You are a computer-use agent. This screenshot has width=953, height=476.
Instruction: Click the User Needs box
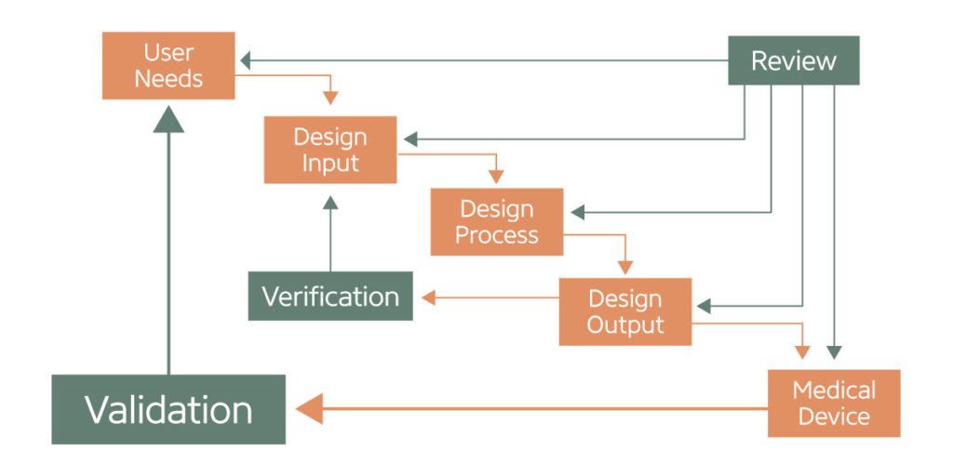click(x=168, y=66)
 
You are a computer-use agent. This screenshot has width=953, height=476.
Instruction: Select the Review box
click(x=793, y=61)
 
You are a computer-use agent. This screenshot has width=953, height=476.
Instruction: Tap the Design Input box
click(x=330, y=150)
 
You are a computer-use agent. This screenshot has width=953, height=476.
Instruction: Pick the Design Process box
click(x=496, y=221)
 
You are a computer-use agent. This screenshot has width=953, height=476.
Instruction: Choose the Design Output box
click(x=624, y=311)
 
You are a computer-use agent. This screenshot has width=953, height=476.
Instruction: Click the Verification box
click(x=330, y=297)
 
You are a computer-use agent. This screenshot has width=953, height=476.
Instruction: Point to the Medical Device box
click(x=834, y=403)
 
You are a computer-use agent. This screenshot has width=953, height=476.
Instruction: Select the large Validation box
click(x=168, y=409)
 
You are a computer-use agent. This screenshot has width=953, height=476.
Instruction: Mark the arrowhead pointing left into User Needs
click(x=246, y=61)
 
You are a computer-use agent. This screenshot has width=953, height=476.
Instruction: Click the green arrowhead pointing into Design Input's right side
click(x=408, y=139)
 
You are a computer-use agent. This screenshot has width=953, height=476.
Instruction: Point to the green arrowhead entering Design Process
click(x=576, y=212)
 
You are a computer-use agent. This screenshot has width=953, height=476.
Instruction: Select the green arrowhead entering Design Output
click(x=704, y=305)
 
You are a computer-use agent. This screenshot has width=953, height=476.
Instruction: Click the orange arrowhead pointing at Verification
click(x=427, y=297)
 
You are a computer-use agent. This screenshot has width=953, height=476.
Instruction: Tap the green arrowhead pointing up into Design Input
click(x=330, y=203)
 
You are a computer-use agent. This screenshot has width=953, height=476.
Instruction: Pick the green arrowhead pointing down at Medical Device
click(x=834, y=352)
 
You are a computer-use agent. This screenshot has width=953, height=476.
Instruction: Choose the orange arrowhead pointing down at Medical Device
click(x=802, y=352)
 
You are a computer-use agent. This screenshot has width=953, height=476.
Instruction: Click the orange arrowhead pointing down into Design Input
click(x=330, y=98)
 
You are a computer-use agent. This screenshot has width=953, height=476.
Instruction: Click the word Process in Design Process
click(x=496, y=235)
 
